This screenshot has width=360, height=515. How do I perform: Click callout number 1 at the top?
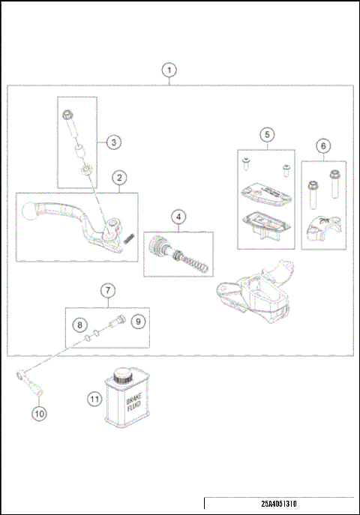point(170,70)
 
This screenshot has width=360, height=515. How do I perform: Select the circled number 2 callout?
point(118,178)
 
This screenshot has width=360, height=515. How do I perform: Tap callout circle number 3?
point(112,142)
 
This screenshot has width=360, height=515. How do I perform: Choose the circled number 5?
point(266,135)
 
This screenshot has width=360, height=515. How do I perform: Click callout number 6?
point(323,145)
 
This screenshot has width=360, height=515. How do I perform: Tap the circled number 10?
point(37,412)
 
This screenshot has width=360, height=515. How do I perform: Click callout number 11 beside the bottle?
point(94,400)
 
